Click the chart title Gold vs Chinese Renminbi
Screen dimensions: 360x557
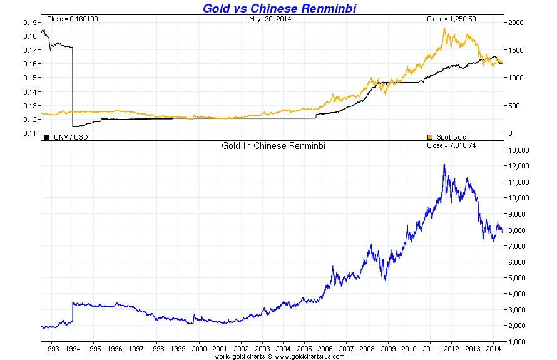279,8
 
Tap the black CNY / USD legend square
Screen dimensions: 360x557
46,136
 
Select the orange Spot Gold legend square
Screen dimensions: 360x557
429,136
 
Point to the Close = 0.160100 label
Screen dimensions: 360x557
72,19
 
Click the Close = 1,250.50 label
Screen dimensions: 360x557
451,19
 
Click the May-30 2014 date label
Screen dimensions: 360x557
270,19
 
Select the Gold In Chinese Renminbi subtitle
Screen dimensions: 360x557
273,145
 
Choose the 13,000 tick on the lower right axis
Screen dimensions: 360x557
519,150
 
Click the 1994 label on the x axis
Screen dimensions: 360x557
73,348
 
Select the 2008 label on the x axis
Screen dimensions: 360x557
367,348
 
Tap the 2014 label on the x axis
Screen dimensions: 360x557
493,348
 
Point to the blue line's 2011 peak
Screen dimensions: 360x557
444,165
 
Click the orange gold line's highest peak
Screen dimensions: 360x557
444,28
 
